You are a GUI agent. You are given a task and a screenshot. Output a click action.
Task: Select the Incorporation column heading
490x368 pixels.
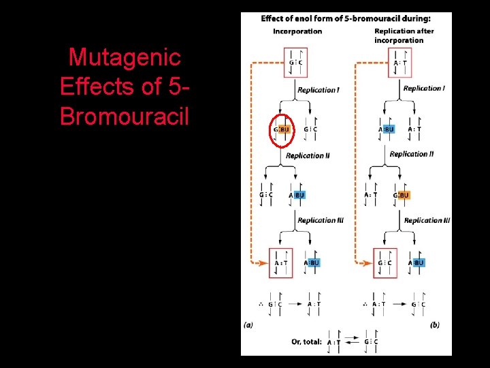[297, 31]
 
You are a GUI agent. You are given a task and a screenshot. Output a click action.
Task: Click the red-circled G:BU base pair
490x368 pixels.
[281, 129]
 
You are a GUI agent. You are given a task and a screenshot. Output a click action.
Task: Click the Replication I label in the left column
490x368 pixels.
[318, 90]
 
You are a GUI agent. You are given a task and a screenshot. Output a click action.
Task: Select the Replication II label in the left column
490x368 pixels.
[308, 156]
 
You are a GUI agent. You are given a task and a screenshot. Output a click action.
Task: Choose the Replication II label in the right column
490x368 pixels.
[412, 155]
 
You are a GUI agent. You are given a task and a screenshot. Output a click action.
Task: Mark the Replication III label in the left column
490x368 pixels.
[321, 221]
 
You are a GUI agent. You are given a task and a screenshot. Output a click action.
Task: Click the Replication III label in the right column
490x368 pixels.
[427, 221]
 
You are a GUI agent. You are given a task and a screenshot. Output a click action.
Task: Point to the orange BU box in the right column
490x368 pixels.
[404, 196]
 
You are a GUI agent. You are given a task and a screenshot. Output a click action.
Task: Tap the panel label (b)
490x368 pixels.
[434, 326]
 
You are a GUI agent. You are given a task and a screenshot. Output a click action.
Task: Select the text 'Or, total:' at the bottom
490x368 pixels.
[306, 342]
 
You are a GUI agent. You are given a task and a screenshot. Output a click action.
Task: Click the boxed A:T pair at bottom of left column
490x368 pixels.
[281, 263]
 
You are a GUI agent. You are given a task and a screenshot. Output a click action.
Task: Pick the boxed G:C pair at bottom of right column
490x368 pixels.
[385, 263]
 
